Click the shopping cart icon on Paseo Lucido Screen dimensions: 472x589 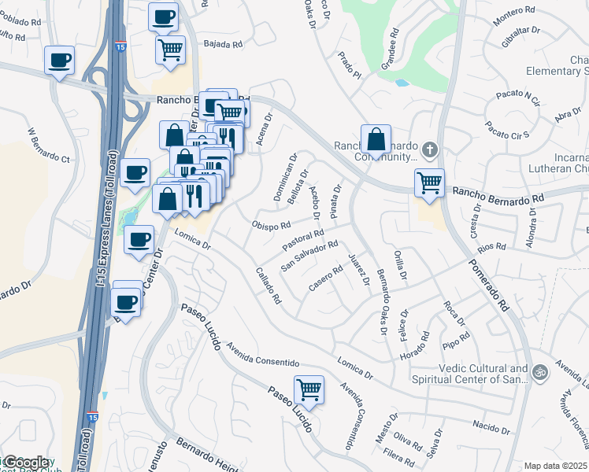[309, 389]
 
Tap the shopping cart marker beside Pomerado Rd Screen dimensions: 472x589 [429, 183]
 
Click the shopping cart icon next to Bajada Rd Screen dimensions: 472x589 [170, 50]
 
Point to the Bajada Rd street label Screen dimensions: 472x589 [221, 45]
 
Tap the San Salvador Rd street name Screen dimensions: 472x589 [310, 254]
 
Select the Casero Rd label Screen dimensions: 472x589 [325, 280]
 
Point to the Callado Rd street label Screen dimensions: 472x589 [269, 286]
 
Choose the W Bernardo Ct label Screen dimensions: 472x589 [49, 149]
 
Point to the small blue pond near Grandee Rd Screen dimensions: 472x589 [402, 83]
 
